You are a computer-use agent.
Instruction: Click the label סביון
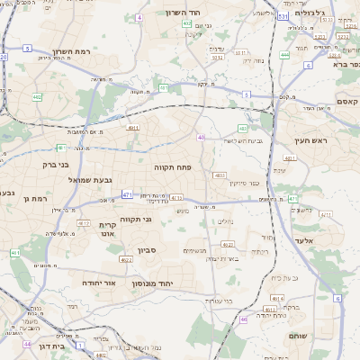147,250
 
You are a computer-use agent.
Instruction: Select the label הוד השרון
186,13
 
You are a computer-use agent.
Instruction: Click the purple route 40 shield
201,138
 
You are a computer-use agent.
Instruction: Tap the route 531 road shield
283,16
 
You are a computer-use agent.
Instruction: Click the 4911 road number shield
133,130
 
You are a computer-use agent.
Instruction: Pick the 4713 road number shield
176,198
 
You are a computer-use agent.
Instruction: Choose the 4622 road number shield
126,260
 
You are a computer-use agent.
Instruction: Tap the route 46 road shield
243,319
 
